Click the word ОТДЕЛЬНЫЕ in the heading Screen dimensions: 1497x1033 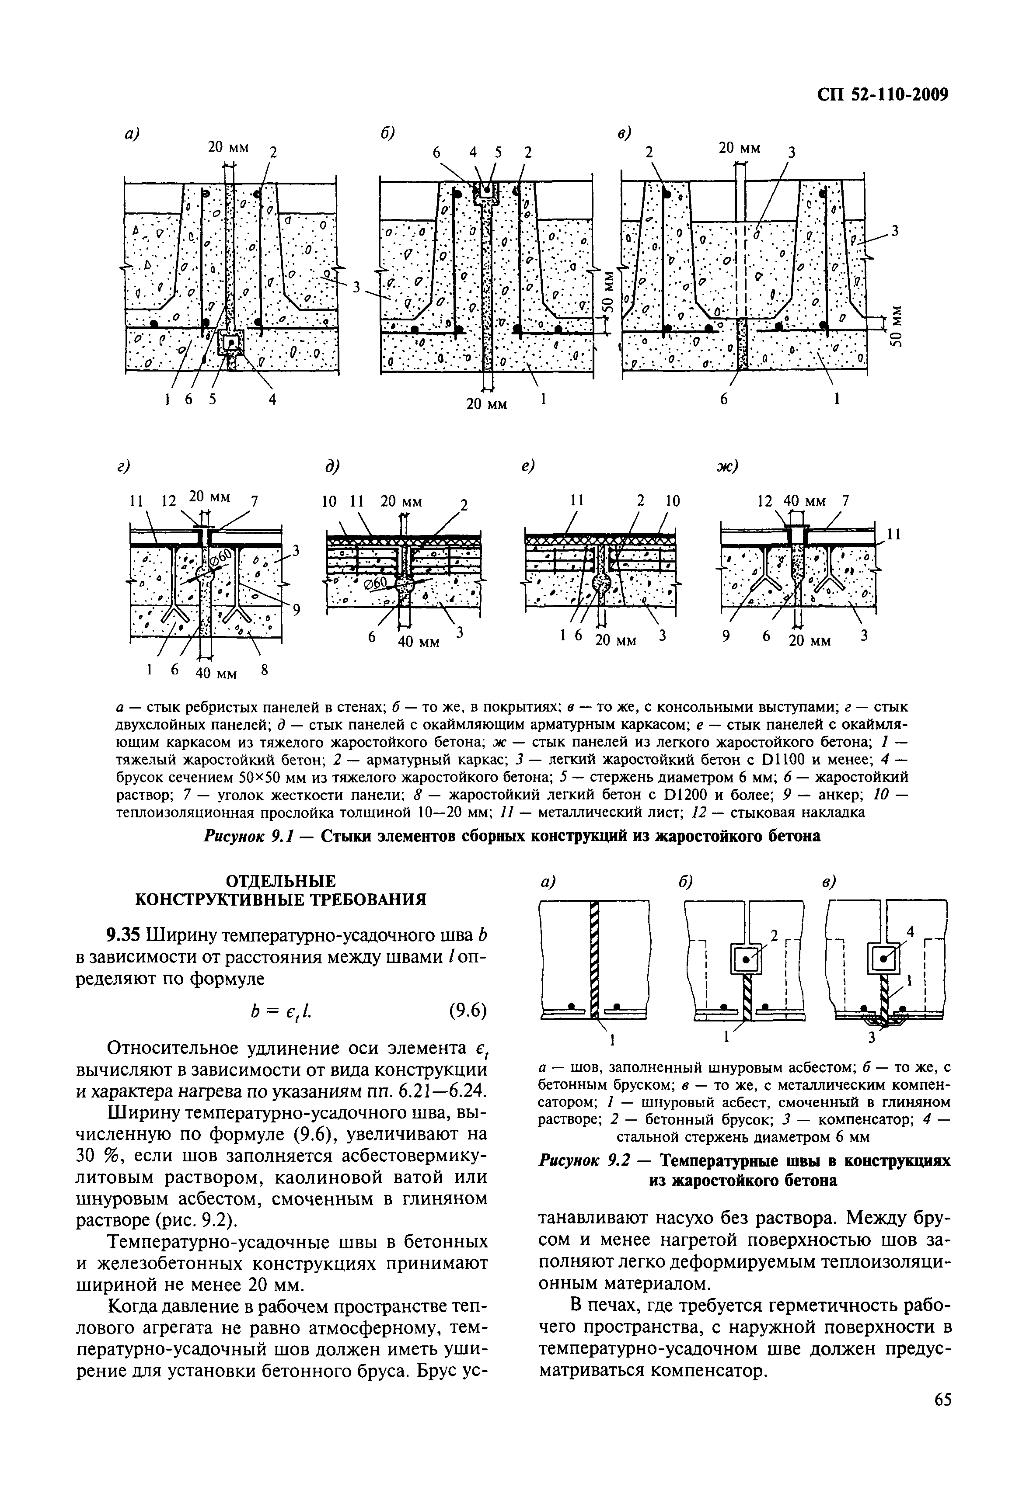[280, 881]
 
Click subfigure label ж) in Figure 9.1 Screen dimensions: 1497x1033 [727, 466]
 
